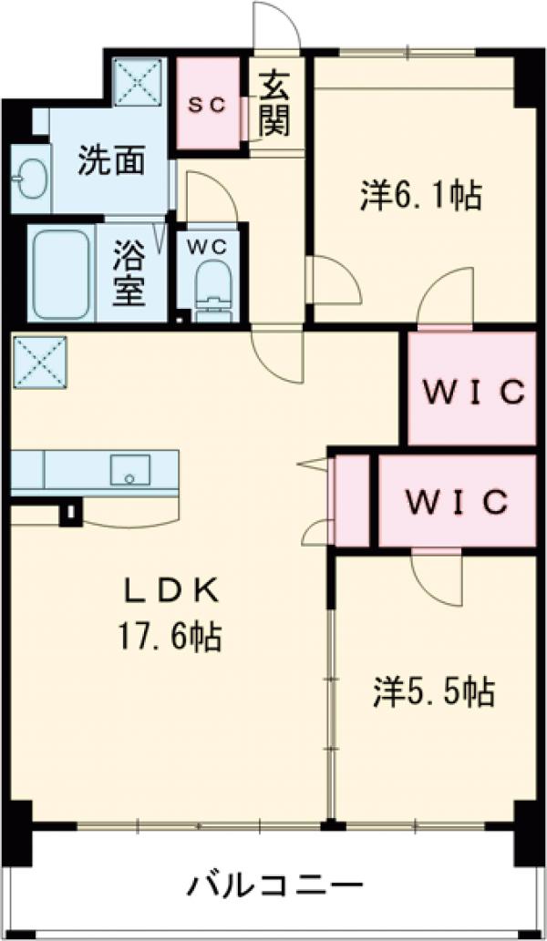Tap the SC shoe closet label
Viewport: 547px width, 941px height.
pos(206,104)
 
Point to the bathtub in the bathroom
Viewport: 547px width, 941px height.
pos(61,272)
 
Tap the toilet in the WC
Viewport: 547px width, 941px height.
pos(213,290)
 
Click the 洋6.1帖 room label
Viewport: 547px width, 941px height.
pos(420,195)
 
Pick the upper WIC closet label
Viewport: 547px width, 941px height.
pos(471,393)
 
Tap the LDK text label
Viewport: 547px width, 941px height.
pos(172,592)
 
